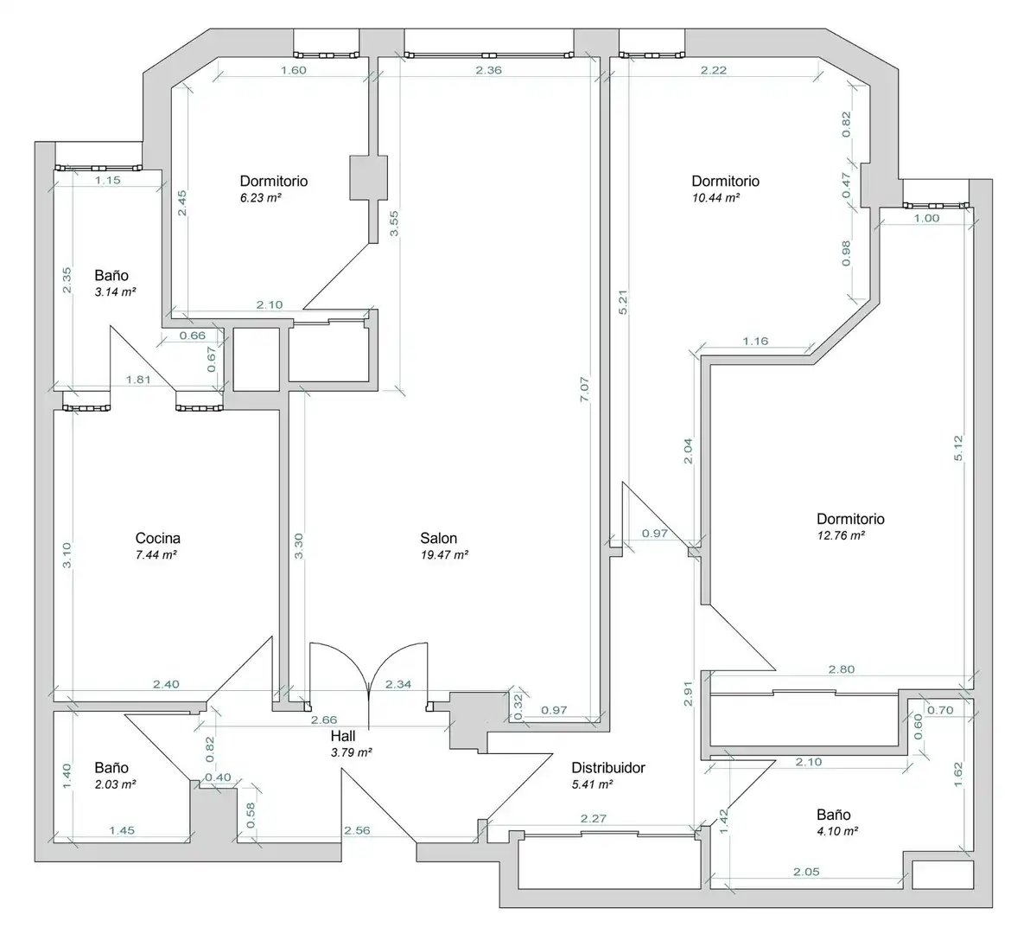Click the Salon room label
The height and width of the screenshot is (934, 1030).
click(x=438, y=538)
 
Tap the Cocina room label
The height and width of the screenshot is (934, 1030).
click(x=157, y=538)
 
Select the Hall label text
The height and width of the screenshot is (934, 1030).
click(x=343, y=735)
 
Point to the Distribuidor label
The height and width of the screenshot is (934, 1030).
click(x=608, y=767)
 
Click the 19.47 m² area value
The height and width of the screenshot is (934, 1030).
click(x=444, y=554)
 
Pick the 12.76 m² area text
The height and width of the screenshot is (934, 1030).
click(x=841, y=535)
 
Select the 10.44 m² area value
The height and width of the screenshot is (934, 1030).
click(x=716, y=198)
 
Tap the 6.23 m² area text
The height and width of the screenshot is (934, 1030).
click(x=261, y=198)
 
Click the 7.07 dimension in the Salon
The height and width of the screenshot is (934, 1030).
click(x=585, y=389)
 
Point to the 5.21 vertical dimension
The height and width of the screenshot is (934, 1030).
click(x=623, y=303)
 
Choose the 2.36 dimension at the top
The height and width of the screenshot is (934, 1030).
click(x=489, y=70)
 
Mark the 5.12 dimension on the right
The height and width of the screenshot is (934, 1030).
click(x=957, y=448)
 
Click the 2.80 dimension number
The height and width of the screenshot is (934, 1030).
click(x=842, y=669)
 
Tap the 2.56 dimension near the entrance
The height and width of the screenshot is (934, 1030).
click(x=358, y=830)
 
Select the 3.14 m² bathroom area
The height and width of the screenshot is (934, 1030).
click(x=115, y=292)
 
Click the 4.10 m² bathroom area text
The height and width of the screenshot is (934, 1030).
click(x=837, y=831)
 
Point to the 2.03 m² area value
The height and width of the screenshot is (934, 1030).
click(x=115, y=784)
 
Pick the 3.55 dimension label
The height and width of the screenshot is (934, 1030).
click(x=393, y=223)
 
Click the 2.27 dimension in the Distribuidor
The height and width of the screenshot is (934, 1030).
click(x=593, y=818)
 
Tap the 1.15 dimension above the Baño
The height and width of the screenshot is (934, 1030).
click(x=108, y=179)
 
